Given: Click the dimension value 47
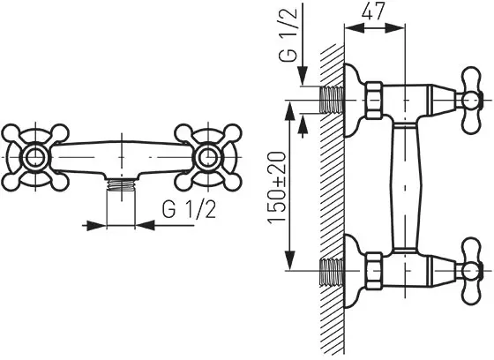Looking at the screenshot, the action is [x=373, y=12].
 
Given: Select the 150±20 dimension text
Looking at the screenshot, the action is [x=277, y=188].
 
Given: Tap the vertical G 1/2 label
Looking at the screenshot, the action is [x=288, y=34].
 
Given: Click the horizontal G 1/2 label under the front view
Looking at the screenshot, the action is [x=190, y=210].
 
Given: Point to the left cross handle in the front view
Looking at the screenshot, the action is [x=34, y=157].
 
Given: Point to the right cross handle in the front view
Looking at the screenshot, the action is [x=208, y=157].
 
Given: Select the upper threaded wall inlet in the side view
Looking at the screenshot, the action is [x=332, y=100].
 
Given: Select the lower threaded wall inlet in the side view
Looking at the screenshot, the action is [x=332, y=272].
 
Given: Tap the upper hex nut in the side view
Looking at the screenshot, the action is [x=374, y=101].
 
